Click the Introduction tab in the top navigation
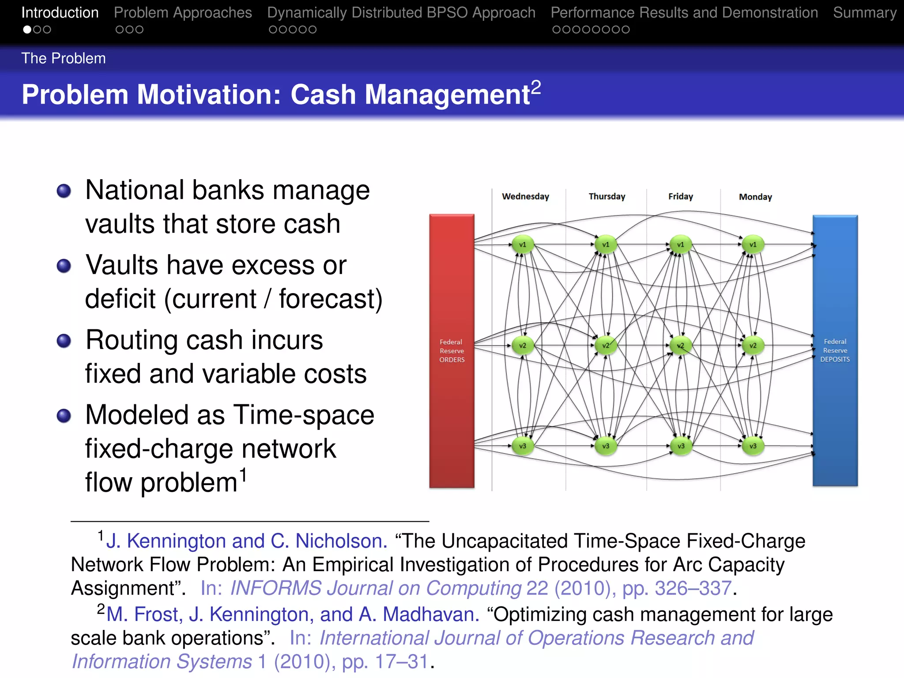[60, 13]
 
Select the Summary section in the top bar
[864, 13]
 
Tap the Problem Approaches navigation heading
[183, 13]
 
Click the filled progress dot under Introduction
[27, 30]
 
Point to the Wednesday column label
[525, 196]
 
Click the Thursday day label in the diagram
[607, 196]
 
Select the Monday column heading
[755, 197]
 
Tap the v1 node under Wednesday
[523, 245]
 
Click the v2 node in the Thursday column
[606, 346]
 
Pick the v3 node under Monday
[753, 446]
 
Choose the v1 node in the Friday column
[681, 245]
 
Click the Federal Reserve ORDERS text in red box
[452, 351]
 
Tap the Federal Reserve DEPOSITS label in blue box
[835, 350]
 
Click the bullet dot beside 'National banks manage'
[64, 191]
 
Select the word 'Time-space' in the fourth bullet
[304, 415]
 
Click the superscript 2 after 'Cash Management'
[536, 87]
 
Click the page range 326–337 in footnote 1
[693, 588]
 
